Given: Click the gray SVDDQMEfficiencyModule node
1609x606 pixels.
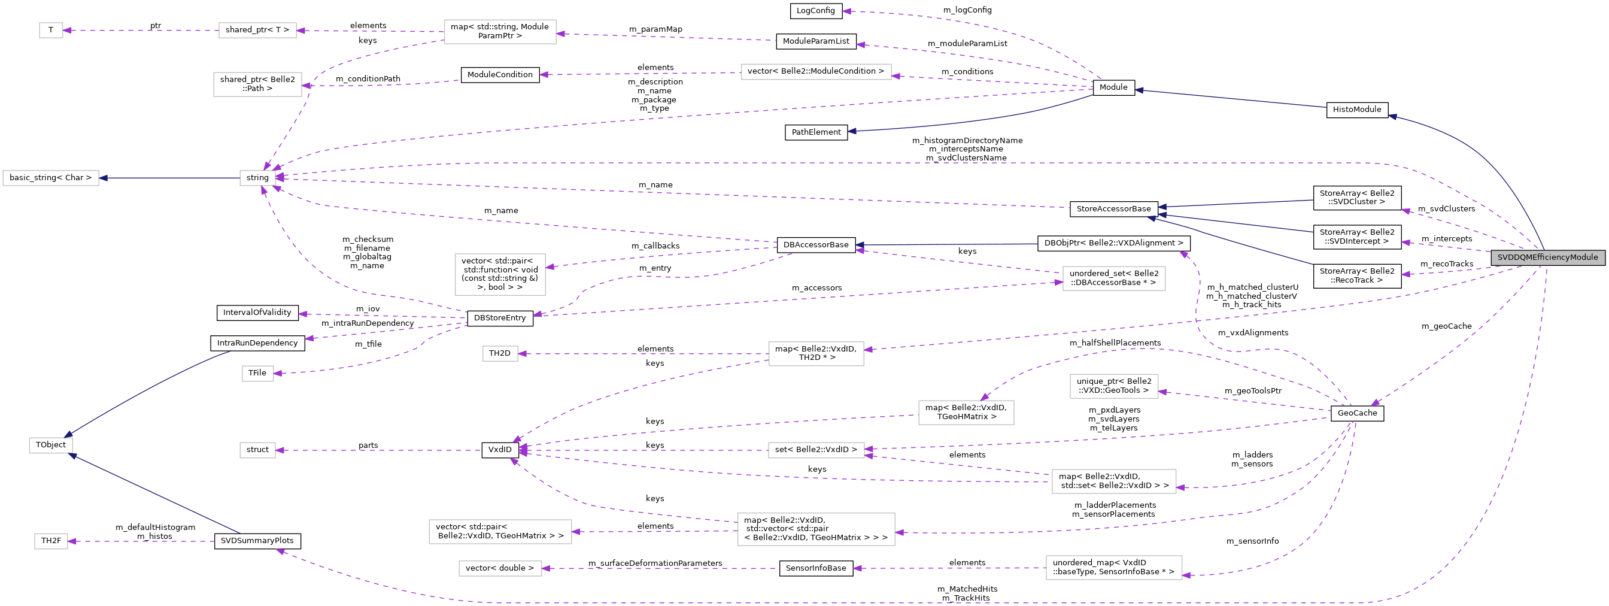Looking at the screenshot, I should [1547, 257].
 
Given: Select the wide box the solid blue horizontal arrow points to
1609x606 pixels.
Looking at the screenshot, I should [51, 178].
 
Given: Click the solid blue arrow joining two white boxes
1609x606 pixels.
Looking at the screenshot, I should [169, 178].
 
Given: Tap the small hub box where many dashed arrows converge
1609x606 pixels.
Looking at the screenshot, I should [257, 178].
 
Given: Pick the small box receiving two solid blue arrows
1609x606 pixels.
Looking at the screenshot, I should [51, 446].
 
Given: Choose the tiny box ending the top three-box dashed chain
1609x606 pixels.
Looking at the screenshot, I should [51, 30].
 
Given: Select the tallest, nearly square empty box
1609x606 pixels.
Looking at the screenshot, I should [500, 274].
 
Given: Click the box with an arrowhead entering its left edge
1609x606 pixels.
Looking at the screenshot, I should [1114, 278].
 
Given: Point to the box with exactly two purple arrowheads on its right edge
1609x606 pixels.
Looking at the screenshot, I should [816, 450].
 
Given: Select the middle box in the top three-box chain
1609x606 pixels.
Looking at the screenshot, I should [257, 30].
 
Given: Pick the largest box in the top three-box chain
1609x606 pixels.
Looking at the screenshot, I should [500, 32].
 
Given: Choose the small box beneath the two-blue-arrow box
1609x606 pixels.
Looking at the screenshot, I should [51, 541].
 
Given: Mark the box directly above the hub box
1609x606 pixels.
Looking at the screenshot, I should [257, 84].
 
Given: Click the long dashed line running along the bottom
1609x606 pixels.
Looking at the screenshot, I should [875, 603].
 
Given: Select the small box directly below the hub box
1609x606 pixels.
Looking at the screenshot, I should [257, 374].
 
